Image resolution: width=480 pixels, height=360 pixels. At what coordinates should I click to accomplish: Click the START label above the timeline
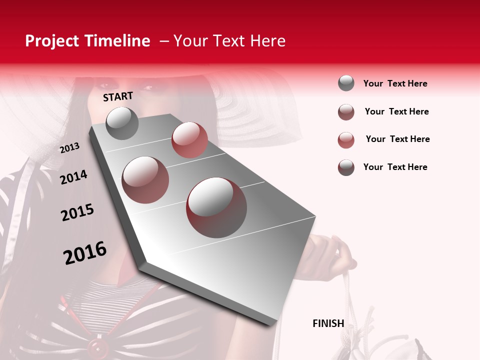118,96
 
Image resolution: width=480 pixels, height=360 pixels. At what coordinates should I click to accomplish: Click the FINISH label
328,323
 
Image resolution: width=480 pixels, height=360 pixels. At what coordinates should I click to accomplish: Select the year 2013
69,147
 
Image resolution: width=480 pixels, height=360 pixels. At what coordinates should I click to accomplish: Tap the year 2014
73,177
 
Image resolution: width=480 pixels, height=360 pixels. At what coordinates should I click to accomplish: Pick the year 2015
77,212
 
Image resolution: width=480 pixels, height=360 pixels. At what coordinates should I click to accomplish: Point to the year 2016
85,252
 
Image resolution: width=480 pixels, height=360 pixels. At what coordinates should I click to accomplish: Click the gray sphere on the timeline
122,123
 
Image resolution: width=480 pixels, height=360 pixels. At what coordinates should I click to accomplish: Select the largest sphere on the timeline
216,207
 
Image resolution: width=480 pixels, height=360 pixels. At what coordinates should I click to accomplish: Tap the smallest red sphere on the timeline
189,140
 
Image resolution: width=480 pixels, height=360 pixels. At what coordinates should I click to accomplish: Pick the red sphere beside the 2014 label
145,179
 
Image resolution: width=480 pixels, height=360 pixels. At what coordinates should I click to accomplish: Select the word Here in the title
267,41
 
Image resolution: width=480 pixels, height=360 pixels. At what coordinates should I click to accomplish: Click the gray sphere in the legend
346,83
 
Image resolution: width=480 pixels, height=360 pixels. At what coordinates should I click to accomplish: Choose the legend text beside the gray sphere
395,83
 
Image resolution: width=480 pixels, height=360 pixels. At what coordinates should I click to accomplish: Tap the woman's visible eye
148,88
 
